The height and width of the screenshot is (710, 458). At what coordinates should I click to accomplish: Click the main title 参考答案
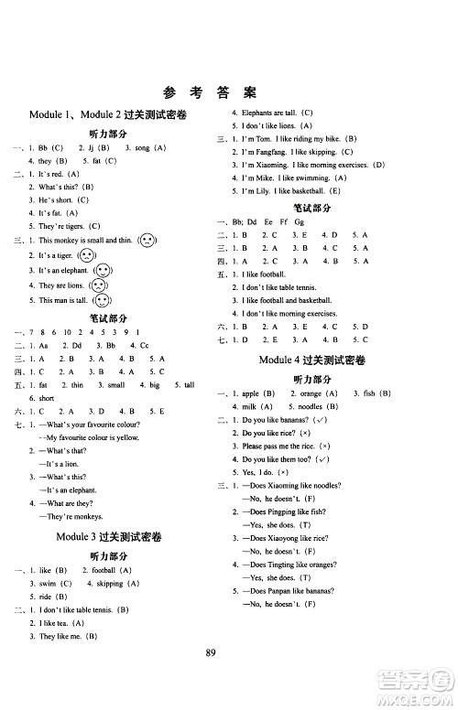tap(229, 91)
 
